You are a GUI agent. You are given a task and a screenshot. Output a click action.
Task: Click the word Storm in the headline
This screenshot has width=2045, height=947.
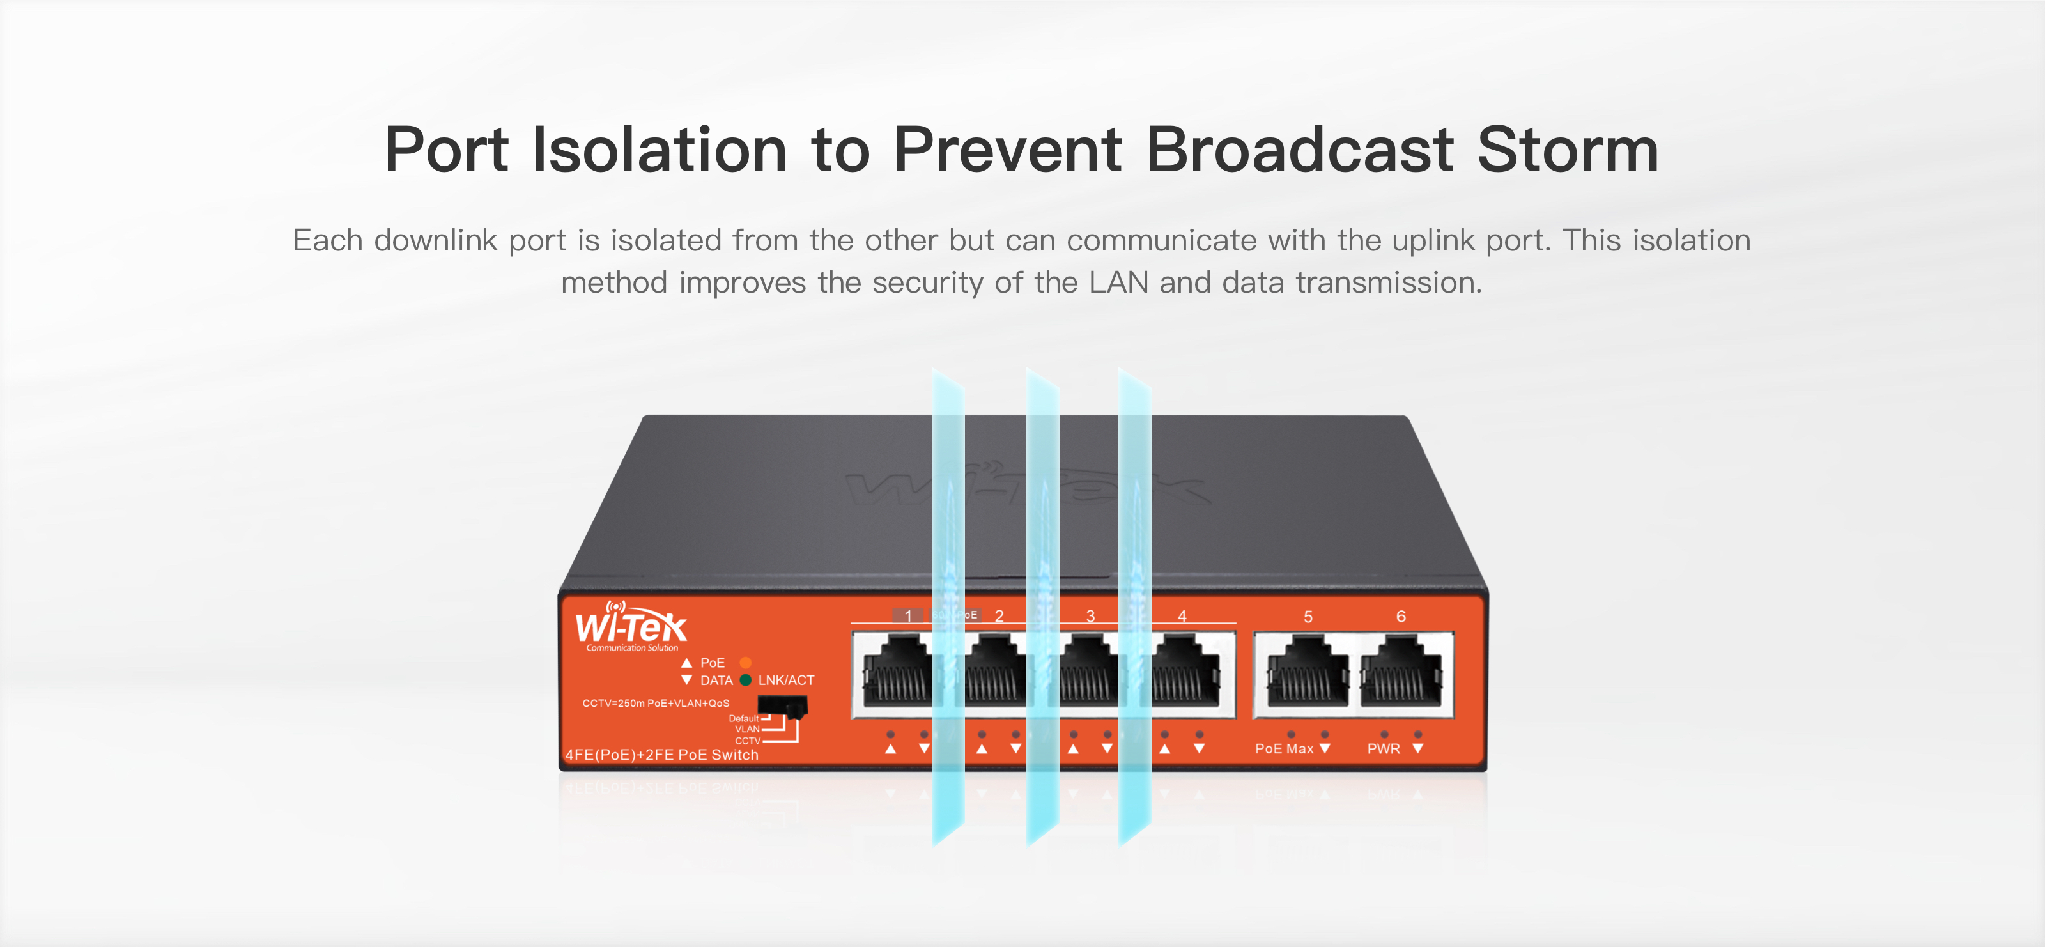pyautogui.click(x=1567, y=150)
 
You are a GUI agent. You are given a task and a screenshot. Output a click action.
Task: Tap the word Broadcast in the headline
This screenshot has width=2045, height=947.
pyautogui.click(x=1300, y=150)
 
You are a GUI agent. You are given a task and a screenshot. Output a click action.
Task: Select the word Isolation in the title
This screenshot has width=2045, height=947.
pyautogui.click(x=659, y=150)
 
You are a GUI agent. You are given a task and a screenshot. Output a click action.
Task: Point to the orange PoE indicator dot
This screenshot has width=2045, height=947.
pyautogui.click(x=745, y=663)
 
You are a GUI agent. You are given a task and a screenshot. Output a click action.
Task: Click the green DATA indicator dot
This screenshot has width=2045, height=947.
pyautogui.click(x=745, y=681)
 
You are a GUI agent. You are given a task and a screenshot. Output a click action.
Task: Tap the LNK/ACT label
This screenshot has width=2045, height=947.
pyautogui.click(x=786, y=681)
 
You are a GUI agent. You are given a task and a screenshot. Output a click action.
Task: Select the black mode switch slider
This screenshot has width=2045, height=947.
pyautogui.click(x=782, y=705)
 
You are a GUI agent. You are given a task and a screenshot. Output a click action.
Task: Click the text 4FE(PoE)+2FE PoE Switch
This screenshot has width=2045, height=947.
pyautogui.click(x=662, y=755)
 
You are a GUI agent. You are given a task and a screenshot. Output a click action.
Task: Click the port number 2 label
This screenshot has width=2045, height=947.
pyautogui.click(x=999, y=616)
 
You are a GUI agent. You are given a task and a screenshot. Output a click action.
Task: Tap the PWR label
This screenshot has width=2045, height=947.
pyautogui.click(x=1383, y=748)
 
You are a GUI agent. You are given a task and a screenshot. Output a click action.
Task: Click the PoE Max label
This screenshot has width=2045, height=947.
pyautogui.click(x=1284, y=748)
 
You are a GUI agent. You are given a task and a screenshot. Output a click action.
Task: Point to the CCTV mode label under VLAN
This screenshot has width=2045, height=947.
pyautogui.click(x=747, y=741)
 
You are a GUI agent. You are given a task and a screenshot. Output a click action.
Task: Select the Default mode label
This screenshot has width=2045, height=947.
pyautogui.click(x=743, y=718)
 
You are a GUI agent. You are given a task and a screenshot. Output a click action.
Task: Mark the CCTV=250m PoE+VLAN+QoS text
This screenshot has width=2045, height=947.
pyautogui.click(x=656, y=704)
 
